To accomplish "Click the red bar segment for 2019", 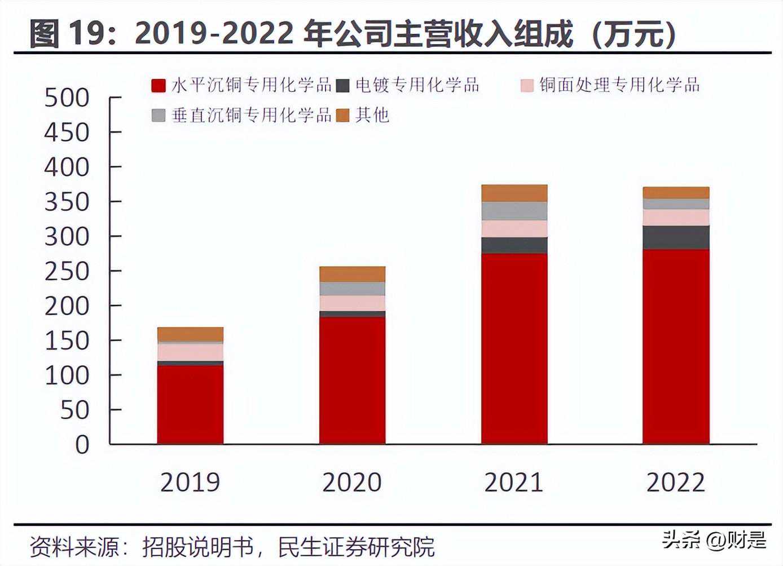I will pyautogui.click(x=190, y=404).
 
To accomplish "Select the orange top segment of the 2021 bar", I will pyautogui.click(x=514, y=193).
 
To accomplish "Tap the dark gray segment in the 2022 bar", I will pyautogui.click(x=676, y=237).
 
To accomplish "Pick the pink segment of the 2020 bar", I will pyautogui.click(x=352, y=303).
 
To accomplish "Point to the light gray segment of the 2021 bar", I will pyautogui.click(x=514, y=211).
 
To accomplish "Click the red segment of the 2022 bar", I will pyautogui.click(x=676, y=346).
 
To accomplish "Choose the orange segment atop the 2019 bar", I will pyautogui.click(x=190, y=334).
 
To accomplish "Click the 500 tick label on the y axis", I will pyautogui.click(x=67, y=98).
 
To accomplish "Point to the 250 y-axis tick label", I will pyautogui.click(x=67, y=272).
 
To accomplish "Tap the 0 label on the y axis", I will pyautogui.click(x=82, y=445).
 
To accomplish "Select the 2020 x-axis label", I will pyautogui.click(x=352, y=483).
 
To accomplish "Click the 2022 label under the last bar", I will pyautogui.click(x=676, y=483).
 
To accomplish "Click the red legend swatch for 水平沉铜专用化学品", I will pyautogui.click(x=159, y=86).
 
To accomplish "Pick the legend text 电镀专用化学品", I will pyautogui.click(x=417, y=85).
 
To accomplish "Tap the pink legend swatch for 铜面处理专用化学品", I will pyautogui.click(x=527, y=86).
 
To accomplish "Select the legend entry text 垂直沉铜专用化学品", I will pyautogui.click(x=252, y=115).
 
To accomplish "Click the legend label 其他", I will pyautogui.click(x=372, y=115).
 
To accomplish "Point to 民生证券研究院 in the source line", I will pyautogui.click(x=357, y=547).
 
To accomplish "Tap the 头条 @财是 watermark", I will pyautogui.click(x=714, y=540).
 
